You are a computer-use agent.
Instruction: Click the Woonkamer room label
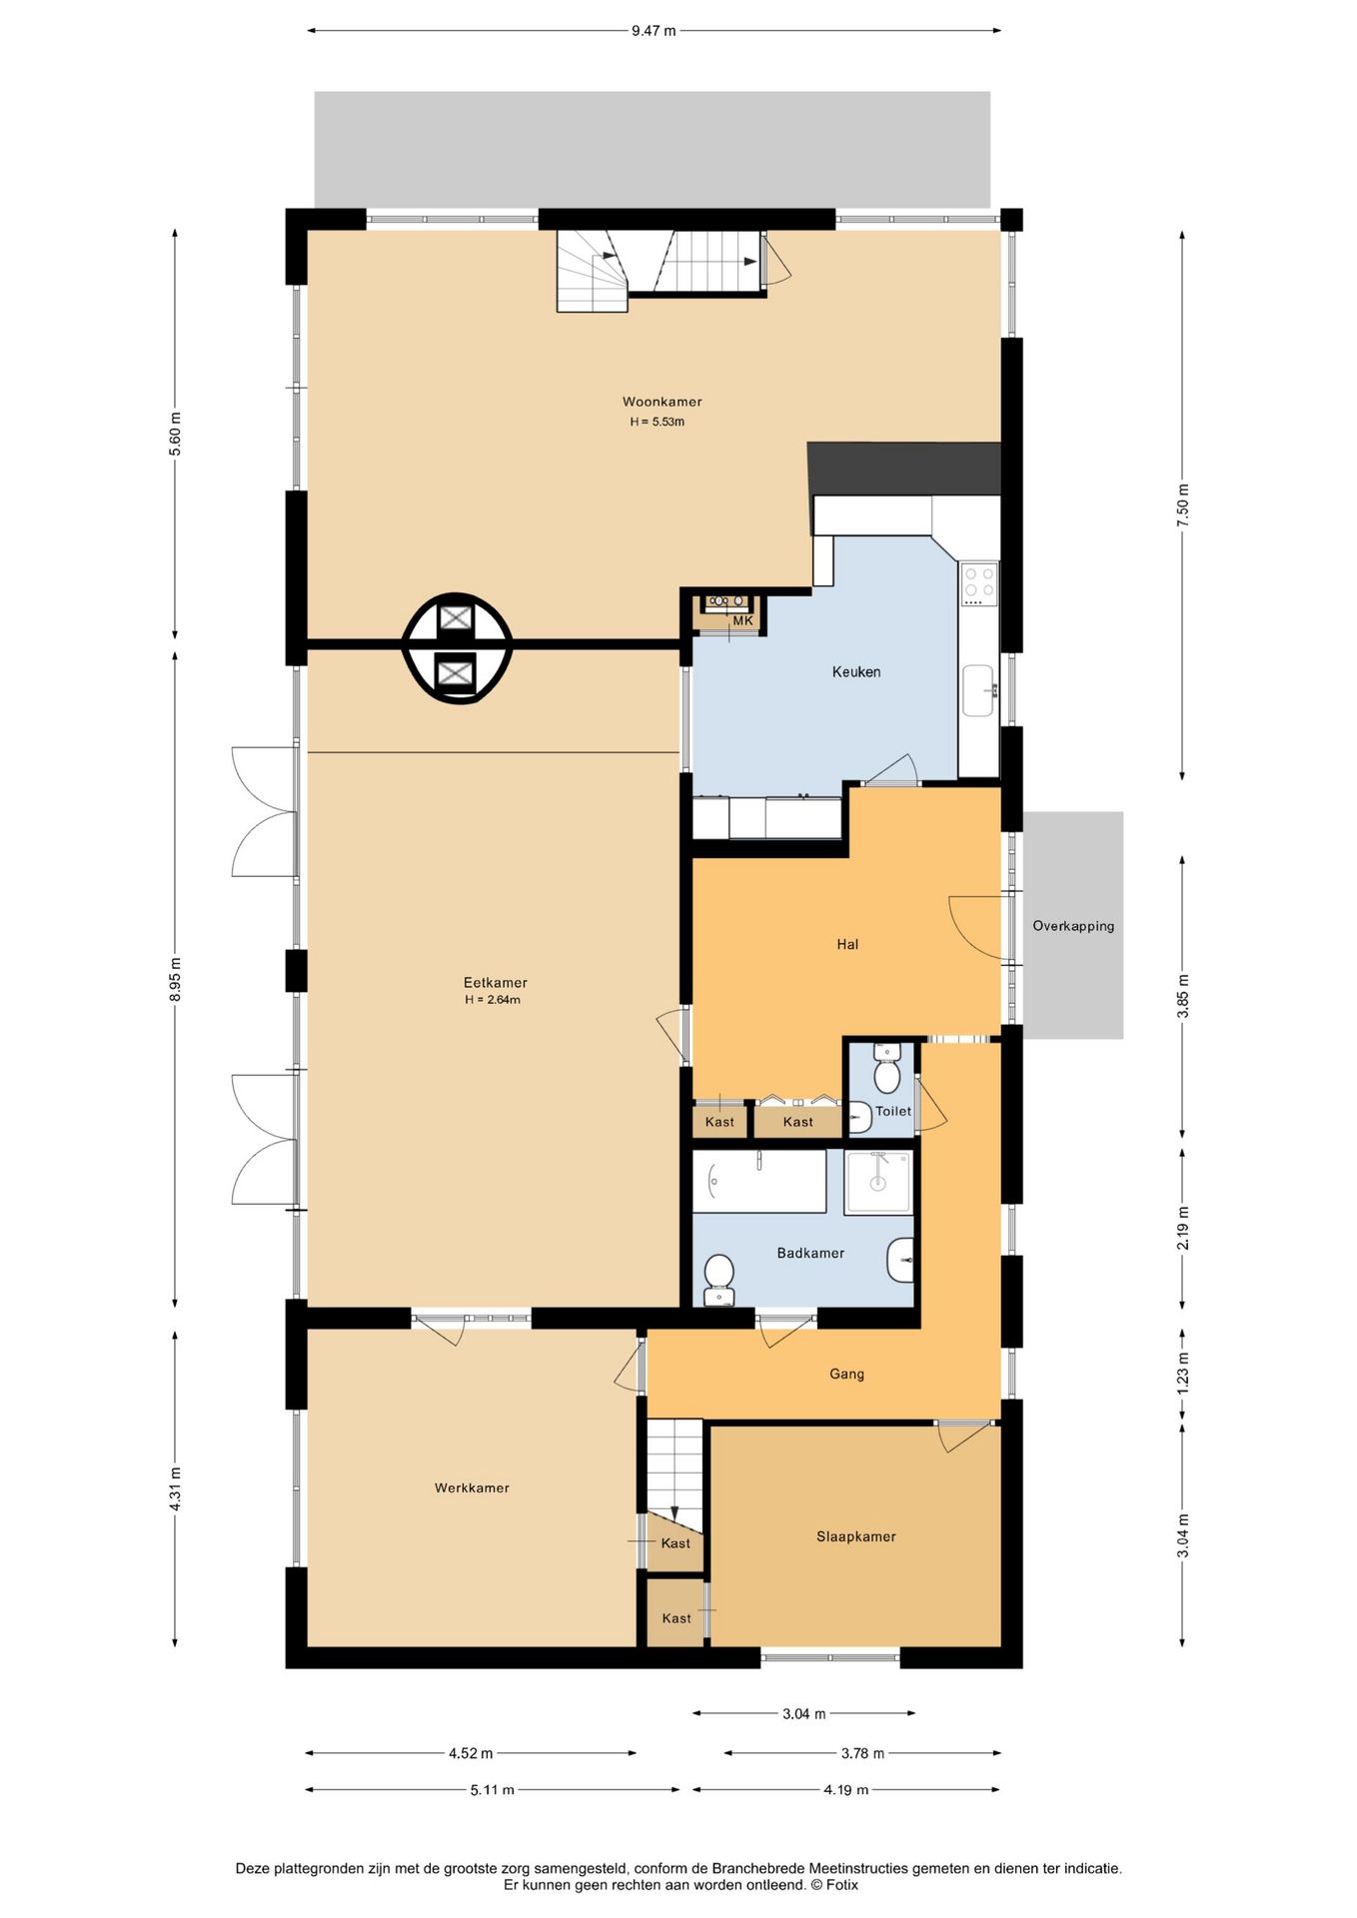pyautogui.click(x=662, y=402)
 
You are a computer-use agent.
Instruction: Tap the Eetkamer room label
pyautogui.click(x=495, y=982)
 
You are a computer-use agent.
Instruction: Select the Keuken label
pyautogui.click(x=856, y=672)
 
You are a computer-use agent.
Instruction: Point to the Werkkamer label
pyautogui.click(x=472, y=1487)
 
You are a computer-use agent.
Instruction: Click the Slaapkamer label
pyautogui.click(x=855, y=1536)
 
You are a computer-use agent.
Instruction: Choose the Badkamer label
pyautogui.click(x=810, y=1253)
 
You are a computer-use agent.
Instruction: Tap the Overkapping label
pyautogui.click(x=1073, y=926)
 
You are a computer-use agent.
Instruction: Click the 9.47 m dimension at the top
pyautogui.click(x=654, y=31)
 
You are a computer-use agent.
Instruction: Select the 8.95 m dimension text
pyautogui.click(x=176, y=980)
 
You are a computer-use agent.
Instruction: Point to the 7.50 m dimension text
pyautogui.click(x=1183, y=505)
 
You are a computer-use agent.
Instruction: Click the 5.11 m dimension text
pyautogui.click(x=493, y=1789)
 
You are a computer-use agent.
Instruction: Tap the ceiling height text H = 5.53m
pyautogui.click(x=658, y=422)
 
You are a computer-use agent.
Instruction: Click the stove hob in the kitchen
pyautogui.click(x=979, y=584)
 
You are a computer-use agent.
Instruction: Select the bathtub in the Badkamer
pyautogui.click(x=759, y=1182)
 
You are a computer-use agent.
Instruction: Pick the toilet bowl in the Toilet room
pyautogui.click(x=886, y=1076)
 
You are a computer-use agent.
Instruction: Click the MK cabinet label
pyautogui.click(x=742, y=621)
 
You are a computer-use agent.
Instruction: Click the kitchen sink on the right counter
pyautogui.click(x=978, y=690)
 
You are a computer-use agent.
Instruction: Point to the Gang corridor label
pyautogui.click(x=846, y=1374)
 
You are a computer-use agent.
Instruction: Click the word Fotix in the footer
pyautogui.click(x=841, y=1885)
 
